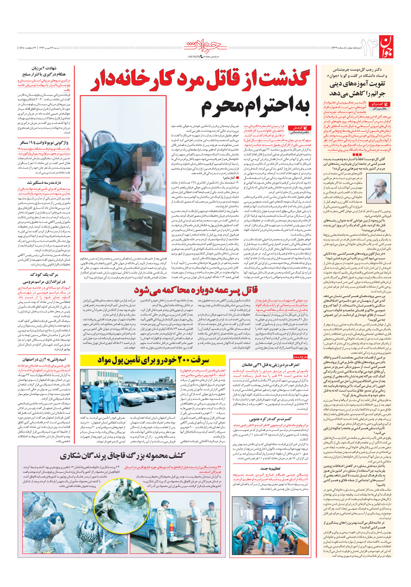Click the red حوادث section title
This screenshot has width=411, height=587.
click(206, 46)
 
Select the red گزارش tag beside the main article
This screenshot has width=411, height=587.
click(300, 128)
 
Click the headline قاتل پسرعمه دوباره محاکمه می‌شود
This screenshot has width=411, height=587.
click(196, 289)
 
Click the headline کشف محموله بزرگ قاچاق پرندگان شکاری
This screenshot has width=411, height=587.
click(123, 456)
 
